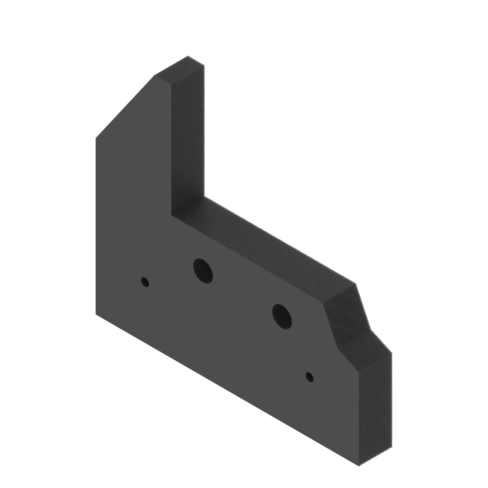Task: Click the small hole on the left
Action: point(145,282)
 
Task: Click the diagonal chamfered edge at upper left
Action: point(125,107)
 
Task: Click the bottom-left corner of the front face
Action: point(96,314)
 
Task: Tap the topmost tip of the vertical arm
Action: point(188,56)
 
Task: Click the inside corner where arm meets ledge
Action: point(172,215)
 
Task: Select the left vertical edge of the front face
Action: point(96,227)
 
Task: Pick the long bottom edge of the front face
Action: point(227,390)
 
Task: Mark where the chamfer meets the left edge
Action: point(96,138)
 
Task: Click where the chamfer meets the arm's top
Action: point(155,75)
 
